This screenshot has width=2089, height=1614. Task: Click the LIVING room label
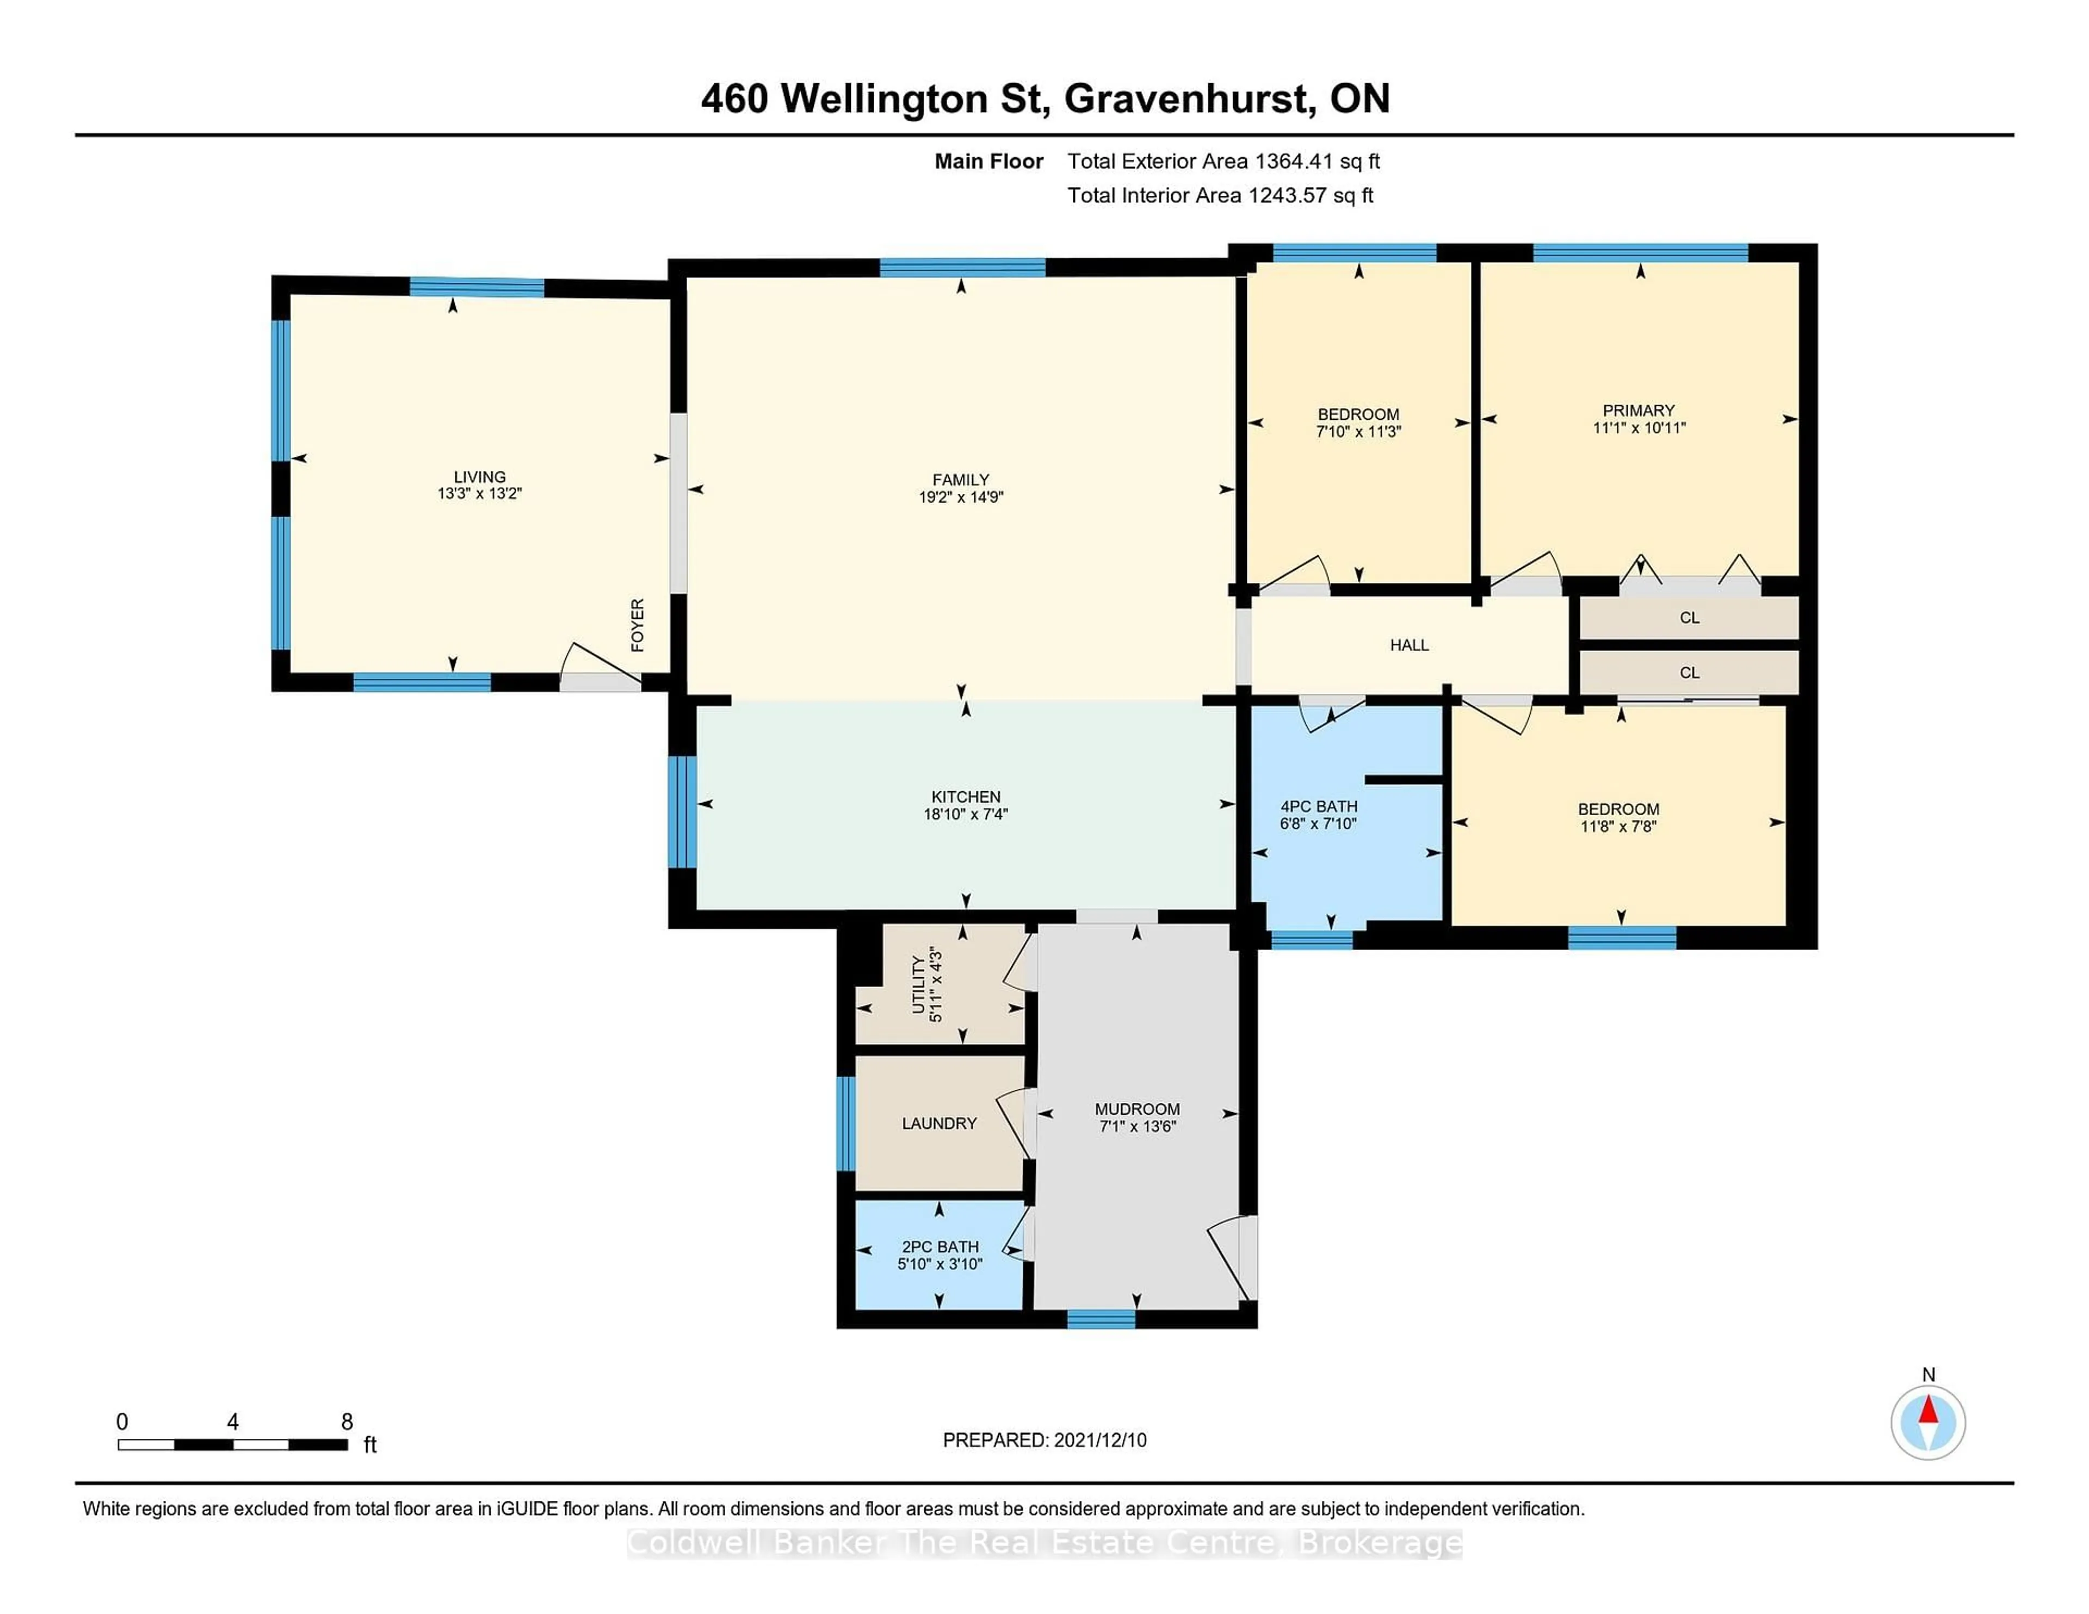479,476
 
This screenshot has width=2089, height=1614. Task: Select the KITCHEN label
966,797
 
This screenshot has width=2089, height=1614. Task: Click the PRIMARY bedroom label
1639,410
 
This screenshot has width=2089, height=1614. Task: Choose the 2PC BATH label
940,1247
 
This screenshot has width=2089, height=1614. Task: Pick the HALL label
1409,645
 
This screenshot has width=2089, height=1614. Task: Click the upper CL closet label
1689,618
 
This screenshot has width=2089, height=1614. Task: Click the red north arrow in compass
1929,1410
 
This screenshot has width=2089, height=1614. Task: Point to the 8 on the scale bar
347,1422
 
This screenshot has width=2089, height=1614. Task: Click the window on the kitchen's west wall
681,811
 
